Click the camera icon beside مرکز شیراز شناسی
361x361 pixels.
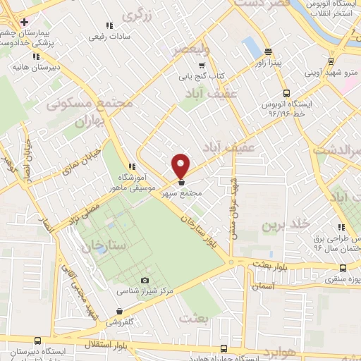[145, 281]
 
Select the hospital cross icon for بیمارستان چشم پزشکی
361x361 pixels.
[24, 22]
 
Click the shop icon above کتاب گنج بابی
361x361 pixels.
[202, 65]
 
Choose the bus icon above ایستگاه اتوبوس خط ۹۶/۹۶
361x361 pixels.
[286, 92]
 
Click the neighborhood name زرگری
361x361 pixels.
[137, 15]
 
